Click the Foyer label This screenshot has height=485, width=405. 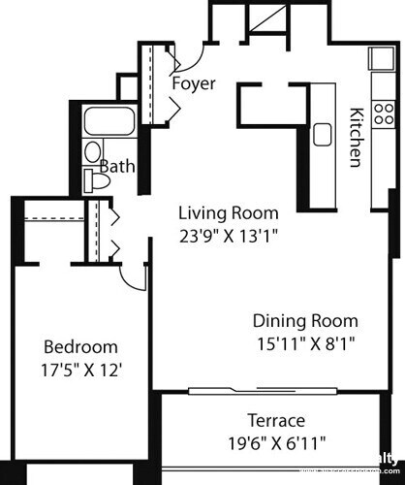tap(193, 83)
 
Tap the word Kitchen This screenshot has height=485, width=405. tap(356, 136)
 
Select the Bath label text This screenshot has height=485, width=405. tap(117, 166)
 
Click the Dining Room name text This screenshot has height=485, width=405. tap(305, 321)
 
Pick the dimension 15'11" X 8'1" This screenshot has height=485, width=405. tap(305, 341)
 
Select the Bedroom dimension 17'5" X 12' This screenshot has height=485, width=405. tap(81, 369)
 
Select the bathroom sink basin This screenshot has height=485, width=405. tap(92, 151)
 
